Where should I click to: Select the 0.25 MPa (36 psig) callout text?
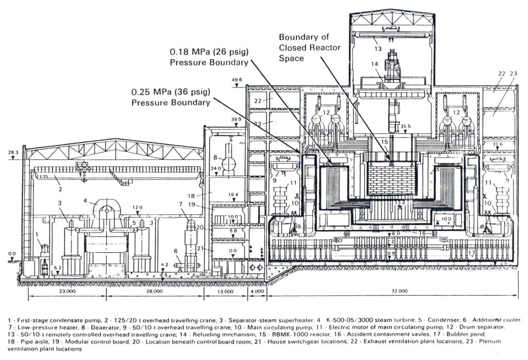[171, 97]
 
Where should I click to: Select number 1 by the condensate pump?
[37, 235]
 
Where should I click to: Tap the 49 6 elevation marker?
[237, 80]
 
